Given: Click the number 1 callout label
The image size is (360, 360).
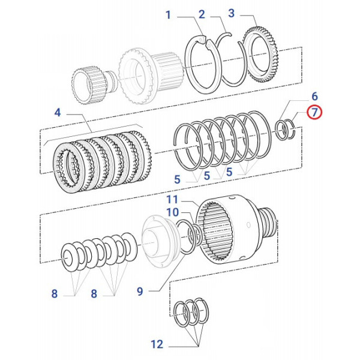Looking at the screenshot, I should pos(169,14).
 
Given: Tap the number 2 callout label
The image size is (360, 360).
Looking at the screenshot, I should pos(202,14).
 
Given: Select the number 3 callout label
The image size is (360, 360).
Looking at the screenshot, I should pos(232,14).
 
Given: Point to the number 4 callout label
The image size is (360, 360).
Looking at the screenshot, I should pos(57,112).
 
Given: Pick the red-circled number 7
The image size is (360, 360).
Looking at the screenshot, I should pos(314,112).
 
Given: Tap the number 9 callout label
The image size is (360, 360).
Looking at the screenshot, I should pos(140,292).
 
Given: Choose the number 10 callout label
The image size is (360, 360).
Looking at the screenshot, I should pos(172,212).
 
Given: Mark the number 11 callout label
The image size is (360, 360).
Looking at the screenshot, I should pos(172,199).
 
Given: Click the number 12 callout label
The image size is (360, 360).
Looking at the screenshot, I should pos(157,344).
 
